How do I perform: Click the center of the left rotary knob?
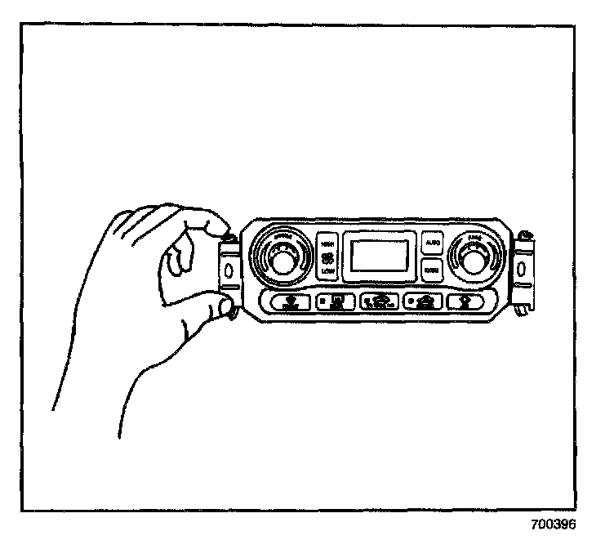coord(282,261)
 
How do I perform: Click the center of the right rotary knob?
coord(472,260)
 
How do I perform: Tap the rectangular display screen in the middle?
coord(378,255)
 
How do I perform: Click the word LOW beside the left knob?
coord(327,271)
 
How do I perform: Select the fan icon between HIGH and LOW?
coord(327,257)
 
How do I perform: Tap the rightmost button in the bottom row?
coord(467,301)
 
